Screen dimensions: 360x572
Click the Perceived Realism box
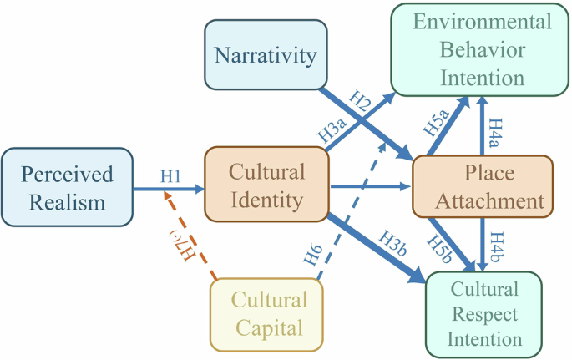(68, 187)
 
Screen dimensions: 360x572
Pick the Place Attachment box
(482, 187)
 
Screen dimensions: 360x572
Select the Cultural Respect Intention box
(484, 314)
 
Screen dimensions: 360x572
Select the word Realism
(67, 201)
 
